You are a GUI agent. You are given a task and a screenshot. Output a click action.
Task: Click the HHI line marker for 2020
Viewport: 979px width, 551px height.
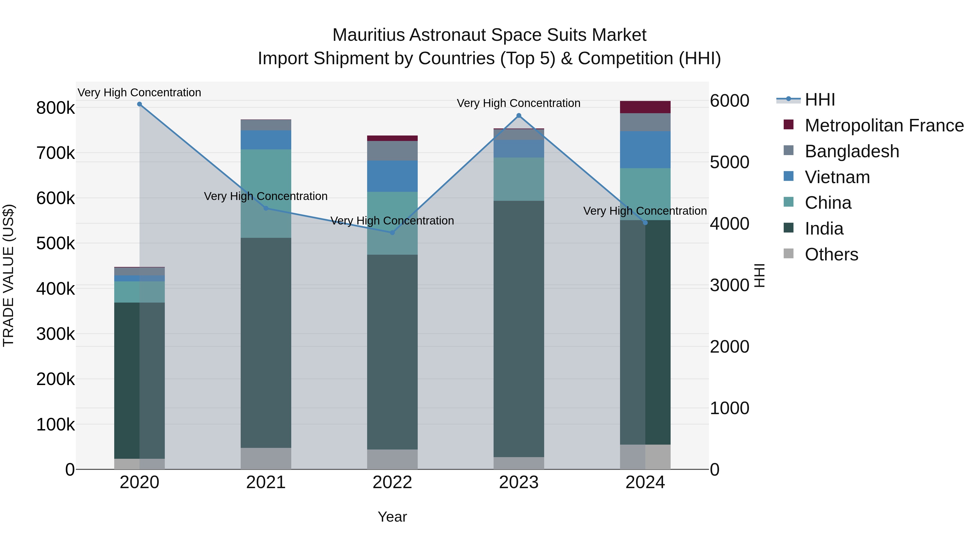[140, 104]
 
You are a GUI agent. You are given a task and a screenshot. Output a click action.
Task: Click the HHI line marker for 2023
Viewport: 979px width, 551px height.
[519, 116]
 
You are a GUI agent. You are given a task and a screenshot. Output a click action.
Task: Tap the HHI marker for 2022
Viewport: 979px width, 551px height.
[393, 233]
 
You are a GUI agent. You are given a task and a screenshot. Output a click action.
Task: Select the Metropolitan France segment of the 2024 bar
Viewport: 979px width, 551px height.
[645, 107]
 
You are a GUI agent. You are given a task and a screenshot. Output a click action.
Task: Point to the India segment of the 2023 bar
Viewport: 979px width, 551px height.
[519, 329]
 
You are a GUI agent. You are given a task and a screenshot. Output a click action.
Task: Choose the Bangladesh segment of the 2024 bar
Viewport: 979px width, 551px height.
[645, 122]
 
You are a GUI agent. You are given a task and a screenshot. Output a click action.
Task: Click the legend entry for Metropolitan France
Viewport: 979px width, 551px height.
[884, 125]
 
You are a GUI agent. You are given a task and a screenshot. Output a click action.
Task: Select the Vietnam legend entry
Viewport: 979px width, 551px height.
[837, 177]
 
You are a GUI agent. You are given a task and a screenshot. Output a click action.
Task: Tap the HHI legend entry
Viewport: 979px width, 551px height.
[820, 100]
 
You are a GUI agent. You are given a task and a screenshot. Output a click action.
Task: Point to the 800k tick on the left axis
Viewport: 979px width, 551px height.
[55, 108]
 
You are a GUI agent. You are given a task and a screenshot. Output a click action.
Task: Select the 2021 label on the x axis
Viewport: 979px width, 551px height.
[266, 482]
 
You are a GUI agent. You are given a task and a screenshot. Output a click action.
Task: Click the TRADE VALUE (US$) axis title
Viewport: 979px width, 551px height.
[9, 275]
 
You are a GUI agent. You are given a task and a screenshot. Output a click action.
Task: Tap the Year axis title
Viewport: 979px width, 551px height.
[392, 517]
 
